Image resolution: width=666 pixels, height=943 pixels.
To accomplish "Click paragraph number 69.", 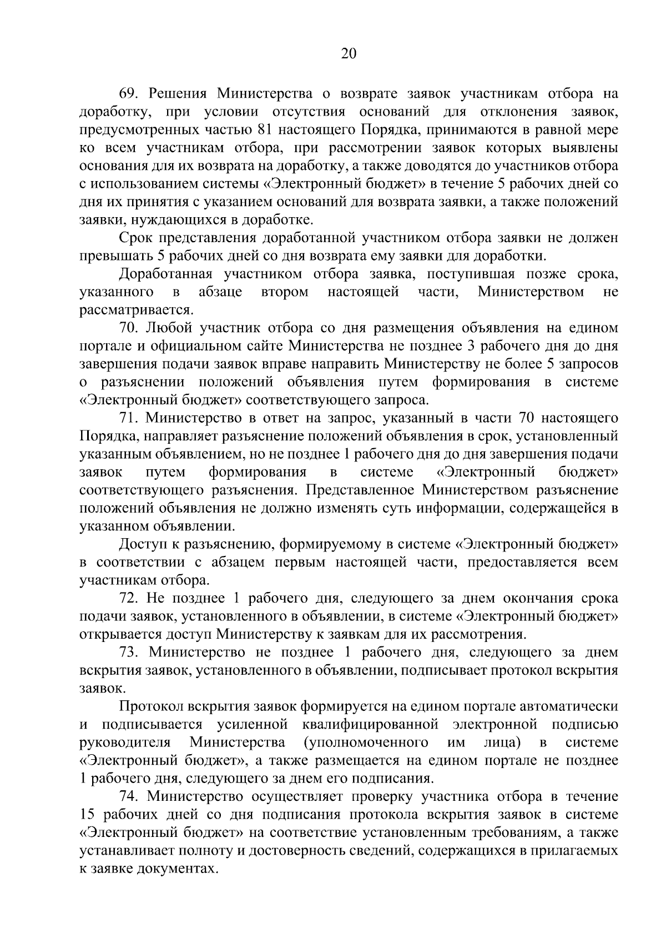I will coord(128,94).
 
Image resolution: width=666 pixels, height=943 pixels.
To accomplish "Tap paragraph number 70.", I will coord(128,328).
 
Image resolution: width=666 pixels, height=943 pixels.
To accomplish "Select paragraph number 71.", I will coord(128,418).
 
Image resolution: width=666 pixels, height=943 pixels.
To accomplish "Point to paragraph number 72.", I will coord(128,598).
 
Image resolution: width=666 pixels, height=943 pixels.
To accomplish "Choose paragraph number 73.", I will coord(128,652).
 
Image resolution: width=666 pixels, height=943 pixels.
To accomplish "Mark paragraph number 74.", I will coord(128,796).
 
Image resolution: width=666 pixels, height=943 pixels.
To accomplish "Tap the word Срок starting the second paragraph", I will coord(136,238).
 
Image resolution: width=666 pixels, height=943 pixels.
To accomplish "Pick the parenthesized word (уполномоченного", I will coord(366,743).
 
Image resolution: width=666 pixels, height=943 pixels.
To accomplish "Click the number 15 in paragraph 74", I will coord(87,815).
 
